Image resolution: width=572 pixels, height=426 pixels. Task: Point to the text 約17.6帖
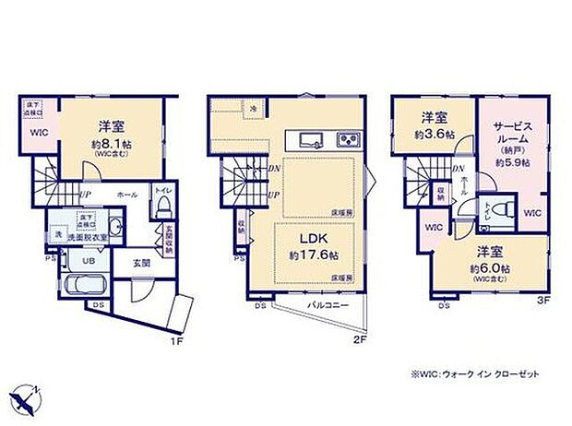click(310, 254)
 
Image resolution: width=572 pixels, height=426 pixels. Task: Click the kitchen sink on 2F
click(308, 140)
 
